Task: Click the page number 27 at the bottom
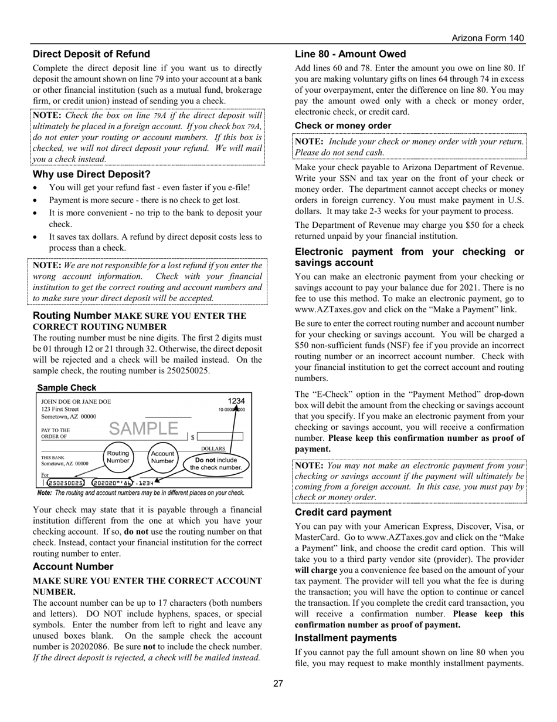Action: (x=278, y=683)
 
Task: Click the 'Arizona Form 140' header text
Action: (x=488, y=38)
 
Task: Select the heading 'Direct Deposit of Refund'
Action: (x=91, y=54)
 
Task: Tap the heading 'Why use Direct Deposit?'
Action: (x=91, y=174)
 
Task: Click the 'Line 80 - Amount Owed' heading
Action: (x=350, y=54)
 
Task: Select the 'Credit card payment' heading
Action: (x=343, y=512)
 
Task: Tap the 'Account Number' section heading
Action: (x=73, y=566)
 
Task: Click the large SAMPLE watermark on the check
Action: (x=144, y=429)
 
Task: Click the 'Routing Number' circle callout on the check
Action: (x=118, y=457)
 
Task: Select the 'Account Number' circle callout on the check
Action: (x=162, y=457)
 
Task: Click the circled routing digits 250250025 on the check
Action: (x=65, y=483)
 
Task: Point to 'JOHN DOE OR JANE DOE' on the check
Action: (x=76, y=402)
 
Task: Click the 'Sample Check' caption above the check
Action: (x=66, y=388)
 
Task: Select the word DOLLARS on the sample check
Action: (x=213, y=448)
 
